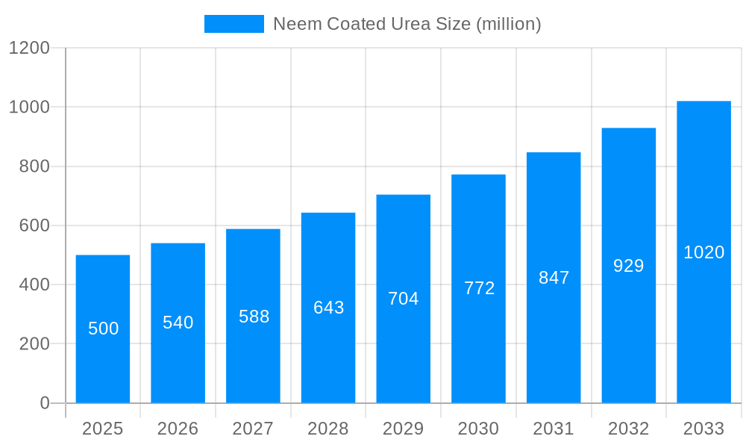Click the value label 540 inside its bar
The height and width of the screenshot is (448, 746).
point(178,323)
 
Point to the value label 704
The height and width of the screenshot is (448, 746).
point(404,299)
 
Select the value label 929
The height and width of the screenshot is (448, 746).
point(629,266)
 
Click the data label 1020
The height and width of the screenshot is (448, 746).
point(703,252)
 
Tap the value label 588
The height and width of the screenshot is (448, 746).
point(254,317)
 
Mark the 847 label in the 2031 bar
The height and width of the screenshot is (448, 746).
point(554,278)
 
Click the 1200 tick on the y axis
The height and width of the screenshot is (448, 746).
point(29,48)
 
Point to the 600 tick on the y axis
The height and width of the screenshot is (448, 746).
point(34,225)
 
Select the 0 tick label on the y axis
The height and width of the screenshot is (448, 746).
point(45,403)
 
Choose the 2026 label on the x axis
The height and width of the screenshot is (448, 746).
point(178,429)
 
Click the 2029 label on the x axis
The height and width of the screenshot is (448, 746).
point(404,429)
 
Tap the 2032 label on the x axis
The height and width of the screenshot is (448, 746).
point(629,429)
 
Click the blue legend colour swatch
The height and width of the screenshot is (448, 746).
point(233,24)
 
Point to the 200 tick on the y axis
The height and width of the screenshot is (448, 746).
point(34,344)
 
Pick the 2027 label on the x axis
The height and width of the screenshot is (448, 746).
point(253,429)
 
